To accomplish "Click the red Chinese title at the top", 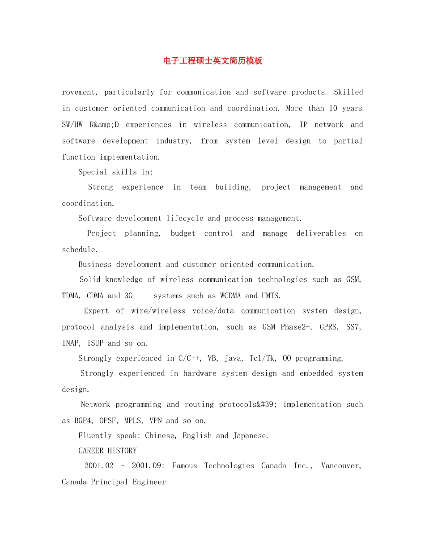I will [x=212, y=61].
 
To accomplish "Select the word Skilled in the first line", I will [x=348, y=92].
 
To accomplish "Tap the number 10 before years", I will [x=333, y=108].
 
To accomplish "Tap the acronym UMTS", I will [x=271, y=296].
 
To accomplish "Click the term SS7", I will [x=354, y=327].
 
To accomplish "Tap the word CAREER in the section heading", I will [x=91, y=450].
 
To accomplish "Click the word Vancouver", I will [x=341, y=465].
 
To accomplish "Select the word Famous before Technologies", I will [x=184, y=465].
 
